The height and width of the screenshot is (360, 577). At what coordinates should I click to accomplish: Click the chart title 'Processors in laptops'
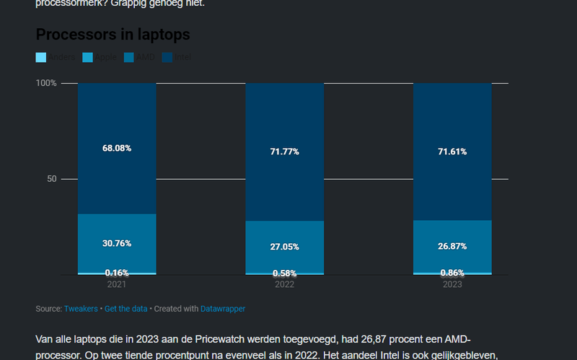coord(113,34)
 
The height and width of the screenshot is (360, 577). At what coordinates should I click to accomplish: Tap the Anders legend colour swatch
coord(41,57)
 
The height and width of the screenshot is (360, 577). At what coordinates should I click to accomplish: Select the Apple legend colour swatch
coord(88,57)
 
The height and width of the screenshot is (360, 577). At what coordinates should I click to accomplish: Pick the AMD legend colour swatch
coord(130,57)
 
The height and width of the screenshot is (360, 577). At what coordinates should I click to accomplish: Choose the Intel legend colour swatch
coord(168,57)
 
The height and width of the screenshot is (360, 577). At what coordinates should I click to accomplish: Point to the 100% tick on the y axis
coord(46,83)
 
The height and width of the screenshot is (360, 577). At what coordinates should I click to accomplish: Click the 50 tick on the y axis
coord(50,179)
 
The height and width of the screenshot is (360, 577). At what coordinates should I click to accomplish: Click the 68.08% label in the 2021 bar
coord(117,148)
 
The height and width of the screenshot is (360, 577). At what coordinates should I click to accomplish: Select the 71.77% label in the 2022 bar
coord(284,152)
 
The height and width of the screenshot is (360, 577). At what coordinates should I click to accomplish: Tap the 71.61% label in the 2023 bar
coord(452,152)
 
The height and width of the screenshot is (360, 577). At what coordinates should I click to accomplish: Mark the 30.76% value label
coord(117,243)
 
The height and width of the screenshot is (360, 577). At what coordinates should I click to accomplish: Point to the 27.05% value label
coord(284,247)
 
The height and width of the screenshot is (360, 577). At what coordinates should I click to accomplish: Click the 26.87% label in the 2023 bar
coord(452,246)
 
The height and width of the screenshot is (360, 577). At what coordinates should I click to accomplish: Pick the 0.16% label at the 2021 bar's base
coord(117,273)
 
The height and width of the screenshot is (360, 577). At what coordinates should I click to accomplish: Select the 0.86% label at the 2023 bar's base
coord(452,273)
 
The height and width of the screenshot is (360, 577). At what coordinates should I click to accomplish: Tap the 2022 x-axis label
coord(284,285)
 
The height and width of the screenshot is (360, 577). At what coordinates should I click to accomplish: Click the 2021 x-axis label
coord(117,285)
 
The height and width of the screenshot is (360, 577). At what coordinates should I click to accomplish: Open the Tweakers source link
coord(81,309)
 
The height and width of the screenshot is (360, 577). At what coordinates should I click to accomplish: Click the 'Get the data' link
coord(125,309)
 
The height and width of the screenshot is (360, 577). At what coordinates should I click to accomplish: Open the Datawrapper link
coord(223,309)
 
